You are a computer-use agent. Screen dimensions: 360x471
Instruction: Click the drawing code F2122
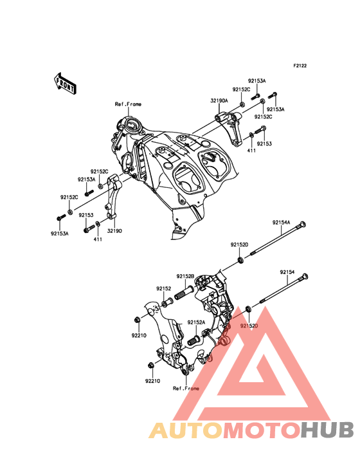click(x=300, y=66)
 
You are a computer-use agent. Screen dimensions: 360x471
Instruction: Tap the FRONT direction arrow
click(x=65, y=84)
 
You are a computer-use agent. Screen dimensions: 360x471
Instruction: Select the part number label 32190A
click(x=219, y=101)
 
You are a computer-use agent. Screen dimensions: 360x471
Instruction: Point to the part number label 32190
click(x=114, y=231)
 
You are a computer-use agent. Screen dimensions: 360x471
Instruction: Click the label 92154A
click(x=281, y=223)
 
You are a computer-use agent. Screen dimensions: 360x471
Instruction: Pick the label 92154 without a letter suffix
click(x=287, y=272)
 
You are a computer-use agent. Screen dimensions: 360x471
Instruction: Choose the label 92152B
click(x=185, y=276)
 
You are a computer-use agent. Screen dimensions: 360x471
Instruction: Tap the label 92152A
click(x=196, y=322)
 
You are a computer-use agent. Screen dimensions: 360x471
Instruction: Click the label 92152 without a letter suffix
click(x=163, y=289)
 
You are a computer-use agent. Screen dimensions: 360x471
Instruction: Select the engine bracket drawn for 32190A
click(x=230, y=127)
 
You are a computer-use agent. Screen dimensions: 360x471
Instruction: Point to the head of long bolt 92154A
click(x=303, y=225)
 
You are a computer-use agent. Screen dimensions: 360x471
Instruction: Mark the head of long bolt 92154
click(x=305, y=276)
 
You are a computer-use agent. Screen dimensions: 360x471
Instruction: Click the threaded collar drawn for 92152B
click(x=183, y=293)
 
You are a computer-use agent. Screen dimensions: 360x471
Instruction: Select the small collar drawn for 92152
click(x=166, y=302)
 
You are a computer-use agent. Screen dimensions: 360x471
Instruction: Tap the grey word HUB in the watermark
click(x=328, y=430)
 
